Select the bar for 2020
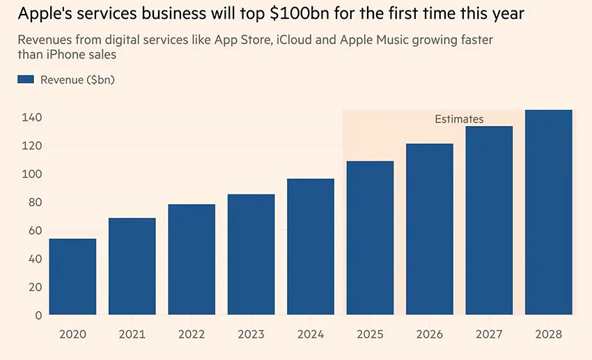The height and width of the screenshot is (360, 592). [x=72, y=276]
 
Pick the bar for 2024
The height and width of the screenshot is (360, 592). [x=311, y=246]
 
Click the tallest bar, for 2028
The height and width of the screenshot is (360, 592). [x=548, y=212]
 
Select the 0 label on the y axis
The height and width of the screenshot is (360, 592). [x=38, y=315]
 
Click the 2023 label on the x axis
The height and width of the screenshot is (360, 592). [x=251, y=334]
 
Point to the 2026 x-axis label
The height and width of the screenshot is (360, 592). [x=429, y=334]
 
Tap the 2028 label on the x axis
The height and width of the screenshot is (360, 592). [x=548, y=334]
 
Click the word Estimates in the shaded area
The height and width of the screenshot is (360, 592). [x=459, y=119]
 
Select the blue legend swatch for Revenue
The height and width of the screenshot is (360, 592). [x=26, y=79]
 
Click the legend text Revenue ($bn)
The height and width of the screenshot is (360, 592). [x=77, y=79]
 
